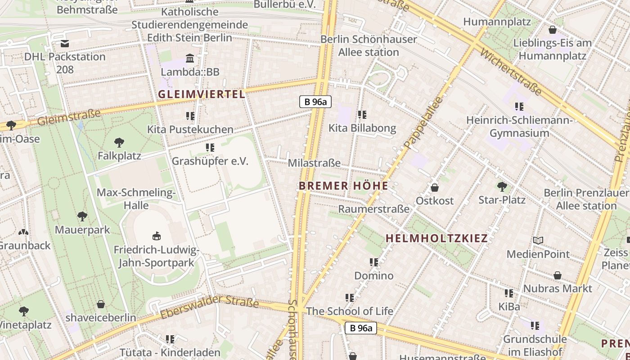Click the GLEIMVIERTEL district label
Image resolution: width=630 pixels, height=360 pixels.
click(202, 94)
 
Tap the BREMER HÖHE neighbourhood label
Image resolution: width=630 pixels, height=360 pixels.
click(343, 186)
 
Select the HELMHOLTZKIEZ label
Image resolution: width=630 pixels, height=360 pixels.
click(436, 238)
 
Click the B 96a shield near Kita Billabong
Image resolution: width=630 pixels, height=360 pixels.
click(315, 102)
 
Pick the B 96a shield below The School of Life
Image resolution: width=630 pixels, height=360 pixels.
click(361, 328)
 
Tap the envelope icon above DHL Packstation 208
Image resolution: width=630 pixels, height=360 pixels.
click(65, 44)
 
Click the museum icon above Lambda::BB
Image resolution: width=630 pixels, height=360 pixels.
click(190, 58)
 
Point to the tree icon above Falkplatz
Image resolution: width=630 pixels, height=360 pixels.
click(119, 143)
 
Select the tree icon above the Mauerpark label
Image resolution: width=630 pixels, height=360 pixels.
click(82, 216)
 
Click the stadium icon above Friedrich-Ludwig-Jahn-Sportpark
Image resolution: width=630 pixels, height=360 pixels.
click(156, 236)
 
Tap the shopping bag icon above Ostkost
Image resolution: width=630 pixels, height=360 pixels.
click(435, 187)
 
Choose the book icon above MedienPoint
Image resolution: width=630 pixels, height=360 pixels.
click(538, 240)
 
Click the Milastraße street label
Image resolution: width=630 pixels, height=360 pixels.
click(314, 163)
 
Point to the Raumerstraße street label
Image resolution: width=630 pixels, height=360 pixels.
click(373, 209)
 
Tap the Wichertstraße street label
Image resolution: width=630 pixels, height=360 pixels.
click(511, 72)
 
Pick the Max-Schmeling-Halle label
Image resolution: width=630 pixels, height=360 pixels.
click(136, 199)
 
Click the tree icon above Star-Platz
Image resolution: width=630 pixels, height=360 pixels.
click(502, 186)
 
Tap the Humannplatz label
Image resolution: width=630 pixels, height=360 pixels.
click(497, 22)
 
